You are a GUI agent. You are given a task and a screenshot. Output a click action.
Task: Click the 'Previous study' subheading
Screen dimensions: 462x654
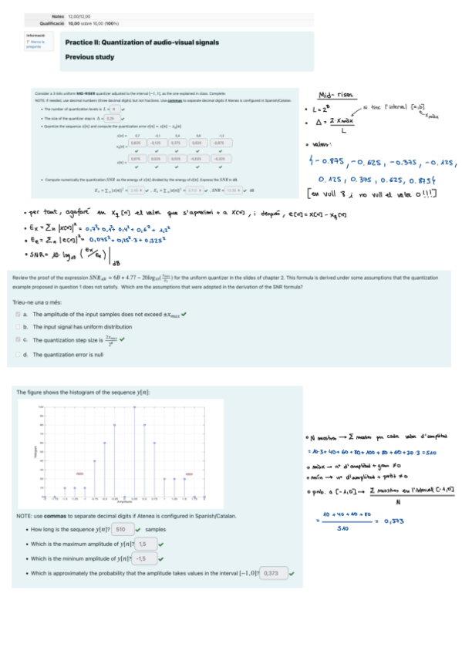pos(90,57)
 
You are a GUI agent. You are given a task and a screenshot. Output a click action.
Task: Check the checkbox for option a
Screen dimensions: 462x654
pos(18,315)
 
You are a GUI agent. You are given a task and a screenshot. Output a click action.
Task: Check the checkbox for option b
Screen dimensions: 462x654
pos(18,327)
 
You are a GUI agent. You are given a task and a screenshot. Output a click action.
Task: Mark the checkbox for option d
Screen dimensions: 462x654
pos(18,354)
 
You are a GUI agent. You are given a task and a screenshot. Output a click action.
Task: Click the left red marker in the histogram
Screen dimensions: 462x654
pos(79,474)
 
